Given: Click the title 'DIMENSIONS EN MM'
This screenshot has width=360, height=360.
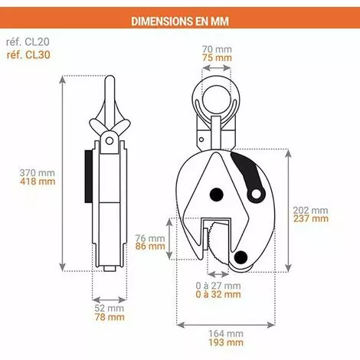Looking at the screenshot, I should (x=180, y=17).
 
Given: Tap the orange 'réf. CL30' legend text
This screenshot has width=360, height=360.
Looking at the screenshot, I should (x=28, y=57).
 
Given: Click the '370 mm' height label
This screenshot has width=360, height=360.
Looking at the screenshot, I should (x=37, y=172).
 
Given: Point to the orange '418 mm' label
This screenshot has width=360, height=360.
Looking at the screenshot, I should (x=37, y=182).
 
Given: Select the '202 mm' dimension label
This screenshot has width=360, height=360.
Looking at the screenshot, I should (x=310, y=208).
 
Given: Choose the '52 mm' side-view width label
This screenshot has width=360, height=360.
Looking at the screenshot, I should (x=109, y=309).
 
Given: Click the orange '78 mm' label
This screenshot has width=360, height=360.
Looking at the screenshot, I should (x=109, y=319).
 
